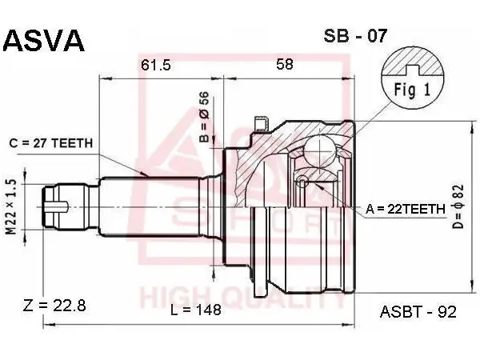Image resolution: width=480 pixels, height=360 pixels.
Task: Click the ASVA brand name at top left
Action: pos(43,41)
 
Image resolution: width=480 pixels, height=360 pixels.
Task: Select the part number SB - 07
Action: pos(355,36)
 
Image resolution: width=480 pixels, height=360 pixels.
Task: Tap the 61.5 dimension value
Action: pos(155,65)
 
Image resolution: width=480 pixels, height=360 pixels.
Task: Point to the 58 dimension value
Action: pos(285,64)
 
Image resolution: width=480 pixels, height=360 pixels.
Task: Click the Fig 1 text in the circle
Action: pos(412,90)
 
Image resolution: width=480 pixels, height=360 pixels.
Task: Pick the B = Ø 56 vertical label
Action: pos(204,117)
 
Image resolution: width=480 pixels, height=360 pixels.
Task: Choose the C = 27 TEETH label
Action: pos(51,143)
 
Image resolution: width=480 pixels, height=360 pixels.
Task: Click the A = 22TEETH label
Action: pos(406,209)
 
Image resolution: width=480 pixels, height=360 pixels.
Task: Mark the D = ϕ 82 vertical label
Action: pos(458,207)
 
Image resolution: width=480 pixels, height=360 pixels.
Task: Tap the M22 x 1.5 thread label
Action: pos(11,207)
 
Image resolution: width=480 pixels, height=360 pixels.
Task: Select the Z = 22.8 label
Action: pos(54,306)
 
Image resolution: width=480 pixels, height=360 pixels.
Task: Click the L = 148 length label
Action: pos(196,310)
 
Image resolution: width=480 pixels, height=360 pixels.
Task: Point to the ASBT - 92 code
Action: pos(418,312)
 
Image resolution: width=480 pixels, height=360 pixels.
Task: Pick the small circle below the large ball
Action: pos(302,181)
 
